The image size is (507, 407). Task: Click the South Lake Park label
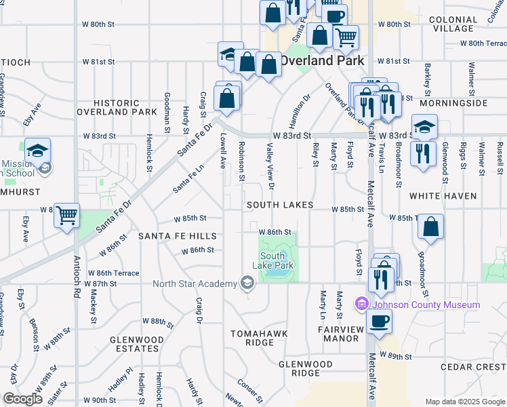point(277,260)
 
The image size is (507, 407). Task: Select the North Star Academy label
point(193,284)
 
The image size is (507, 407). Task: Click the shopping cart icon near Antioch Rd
point(66,216)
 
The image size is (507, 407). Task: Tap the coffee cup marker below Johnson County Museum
point(380,321)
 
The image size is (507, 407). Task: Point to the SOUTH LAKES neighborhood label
point(280,205)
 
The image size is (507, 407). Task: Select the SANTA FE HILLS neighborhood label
point(178,236)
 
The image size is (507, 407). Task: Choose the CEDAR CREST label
point(472,367)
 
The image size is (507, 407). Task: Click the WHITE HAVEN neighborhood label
point(443,196)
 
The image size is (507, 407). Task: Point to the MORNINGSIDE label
point(453,103)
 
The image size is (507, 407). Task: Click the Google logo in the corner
point(22,399)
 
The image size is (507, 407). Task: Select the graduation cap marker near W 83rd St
point(424,127)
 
